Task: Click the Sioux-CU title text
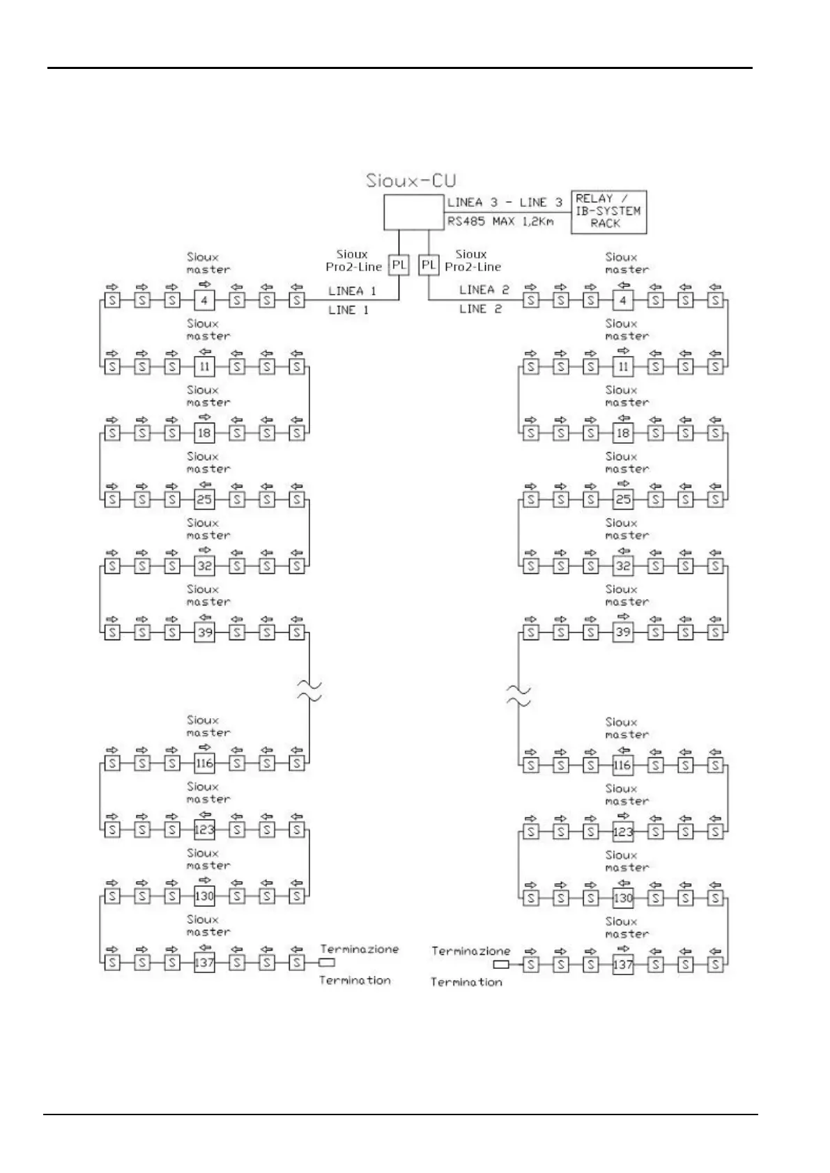(411, 181)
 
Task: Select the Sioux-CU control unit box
(414, 212)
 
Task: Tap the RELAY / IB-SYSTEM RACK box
(608, 212)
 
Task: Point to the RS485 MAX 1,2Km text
(500, 222)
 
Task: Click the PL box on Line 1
(399, 265)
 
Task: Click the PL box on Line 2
(429, 265)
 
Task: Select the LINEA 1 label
(352, 291)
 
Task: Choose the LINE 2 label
(480, 309)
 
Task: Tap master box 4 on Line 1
(204, 301)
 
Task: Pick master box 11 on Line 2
(623, 366)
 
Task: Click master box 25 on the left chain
(204, 499)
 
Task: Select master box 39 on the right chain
(623, 632)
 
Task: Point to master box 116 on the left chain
(204, 763)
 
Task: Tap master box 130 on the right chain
(623, 898)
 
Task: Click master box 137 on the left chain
(204, 963)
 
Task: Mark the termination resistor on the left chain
(327, 963)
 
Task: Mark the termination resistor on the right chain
(500, 965)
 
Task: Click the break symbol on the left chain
(309, 691)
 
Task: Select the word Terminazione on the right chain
(470, 951)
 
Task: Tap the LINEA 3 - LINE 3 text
(505, 203)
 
